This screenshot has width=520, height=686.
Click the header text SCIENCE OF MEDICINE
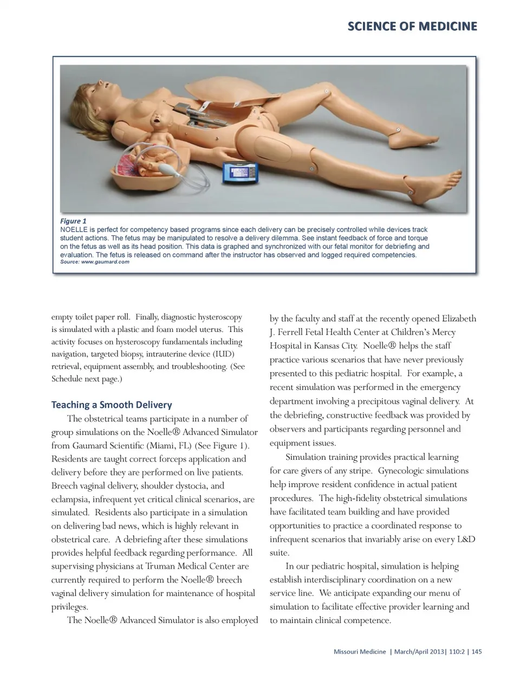point(412,26)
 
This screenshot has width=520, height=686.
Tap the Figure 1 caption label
point(73,221)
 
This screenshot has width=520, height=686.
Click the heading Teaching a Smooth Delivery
point(112,405)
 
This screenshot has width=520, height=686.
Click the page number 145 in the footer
point(476,651)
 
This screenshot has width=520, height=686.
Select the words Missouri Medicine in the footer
point(360,651)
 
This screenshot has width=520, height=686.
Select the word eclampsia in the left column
point(70,499)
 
